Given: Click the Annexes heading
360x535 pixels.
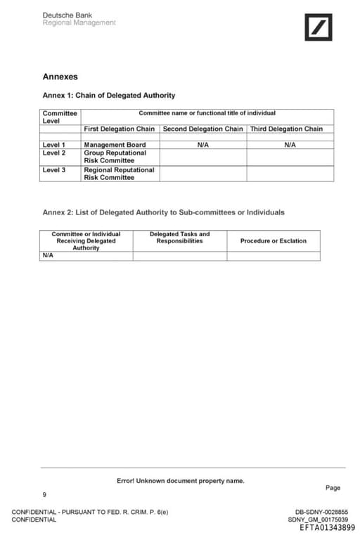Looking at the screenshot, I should [60, 77].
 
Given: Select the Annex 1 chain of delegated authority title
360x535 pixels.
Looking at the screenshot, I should [109, 96].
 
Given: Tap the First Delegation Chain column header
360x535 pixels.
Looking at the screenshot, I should [120, 129].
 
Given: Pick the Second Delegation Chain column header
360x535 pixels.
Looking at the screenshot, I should [203, 129].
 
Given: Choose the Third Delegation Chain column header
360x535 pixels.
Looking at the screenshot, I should [287, 129].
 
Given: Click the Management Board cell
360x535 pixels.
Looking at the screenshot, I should [115, 145].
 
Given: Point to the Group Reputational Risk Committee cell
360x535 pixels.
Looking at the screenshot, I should [115, 156].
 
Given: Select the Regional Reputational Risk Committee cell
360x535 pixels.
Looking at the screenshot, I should [119, 174].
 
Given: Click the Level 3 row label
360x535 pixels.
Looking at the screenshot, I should [54, 169].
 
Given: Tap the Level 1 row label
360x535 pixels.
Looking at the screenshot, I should [54, 145].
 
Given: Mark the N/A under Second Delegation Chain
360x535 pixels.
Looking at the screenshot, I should [202, 145].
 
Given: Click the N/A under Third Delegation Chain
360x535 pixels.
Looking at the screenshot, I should [290, 145].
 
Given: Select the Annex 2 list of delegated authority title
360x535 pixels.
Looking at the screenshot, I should [164, 212].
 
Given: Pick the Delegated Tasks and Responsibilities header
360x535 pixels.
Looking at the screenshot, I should [179, 238].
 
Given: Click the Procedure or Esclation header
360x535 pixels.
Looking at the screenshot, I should [274, 241].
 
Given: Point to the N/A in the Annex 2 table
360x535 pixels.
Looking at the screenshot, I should [49, 256].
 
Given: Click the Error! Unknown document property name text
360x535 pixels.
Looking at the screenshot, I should [181, 481].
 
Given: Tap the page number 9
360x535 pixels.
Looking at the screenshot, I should [44, 494].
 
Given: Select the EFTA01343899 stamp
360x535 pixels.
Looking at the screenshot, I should [327, 527].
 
